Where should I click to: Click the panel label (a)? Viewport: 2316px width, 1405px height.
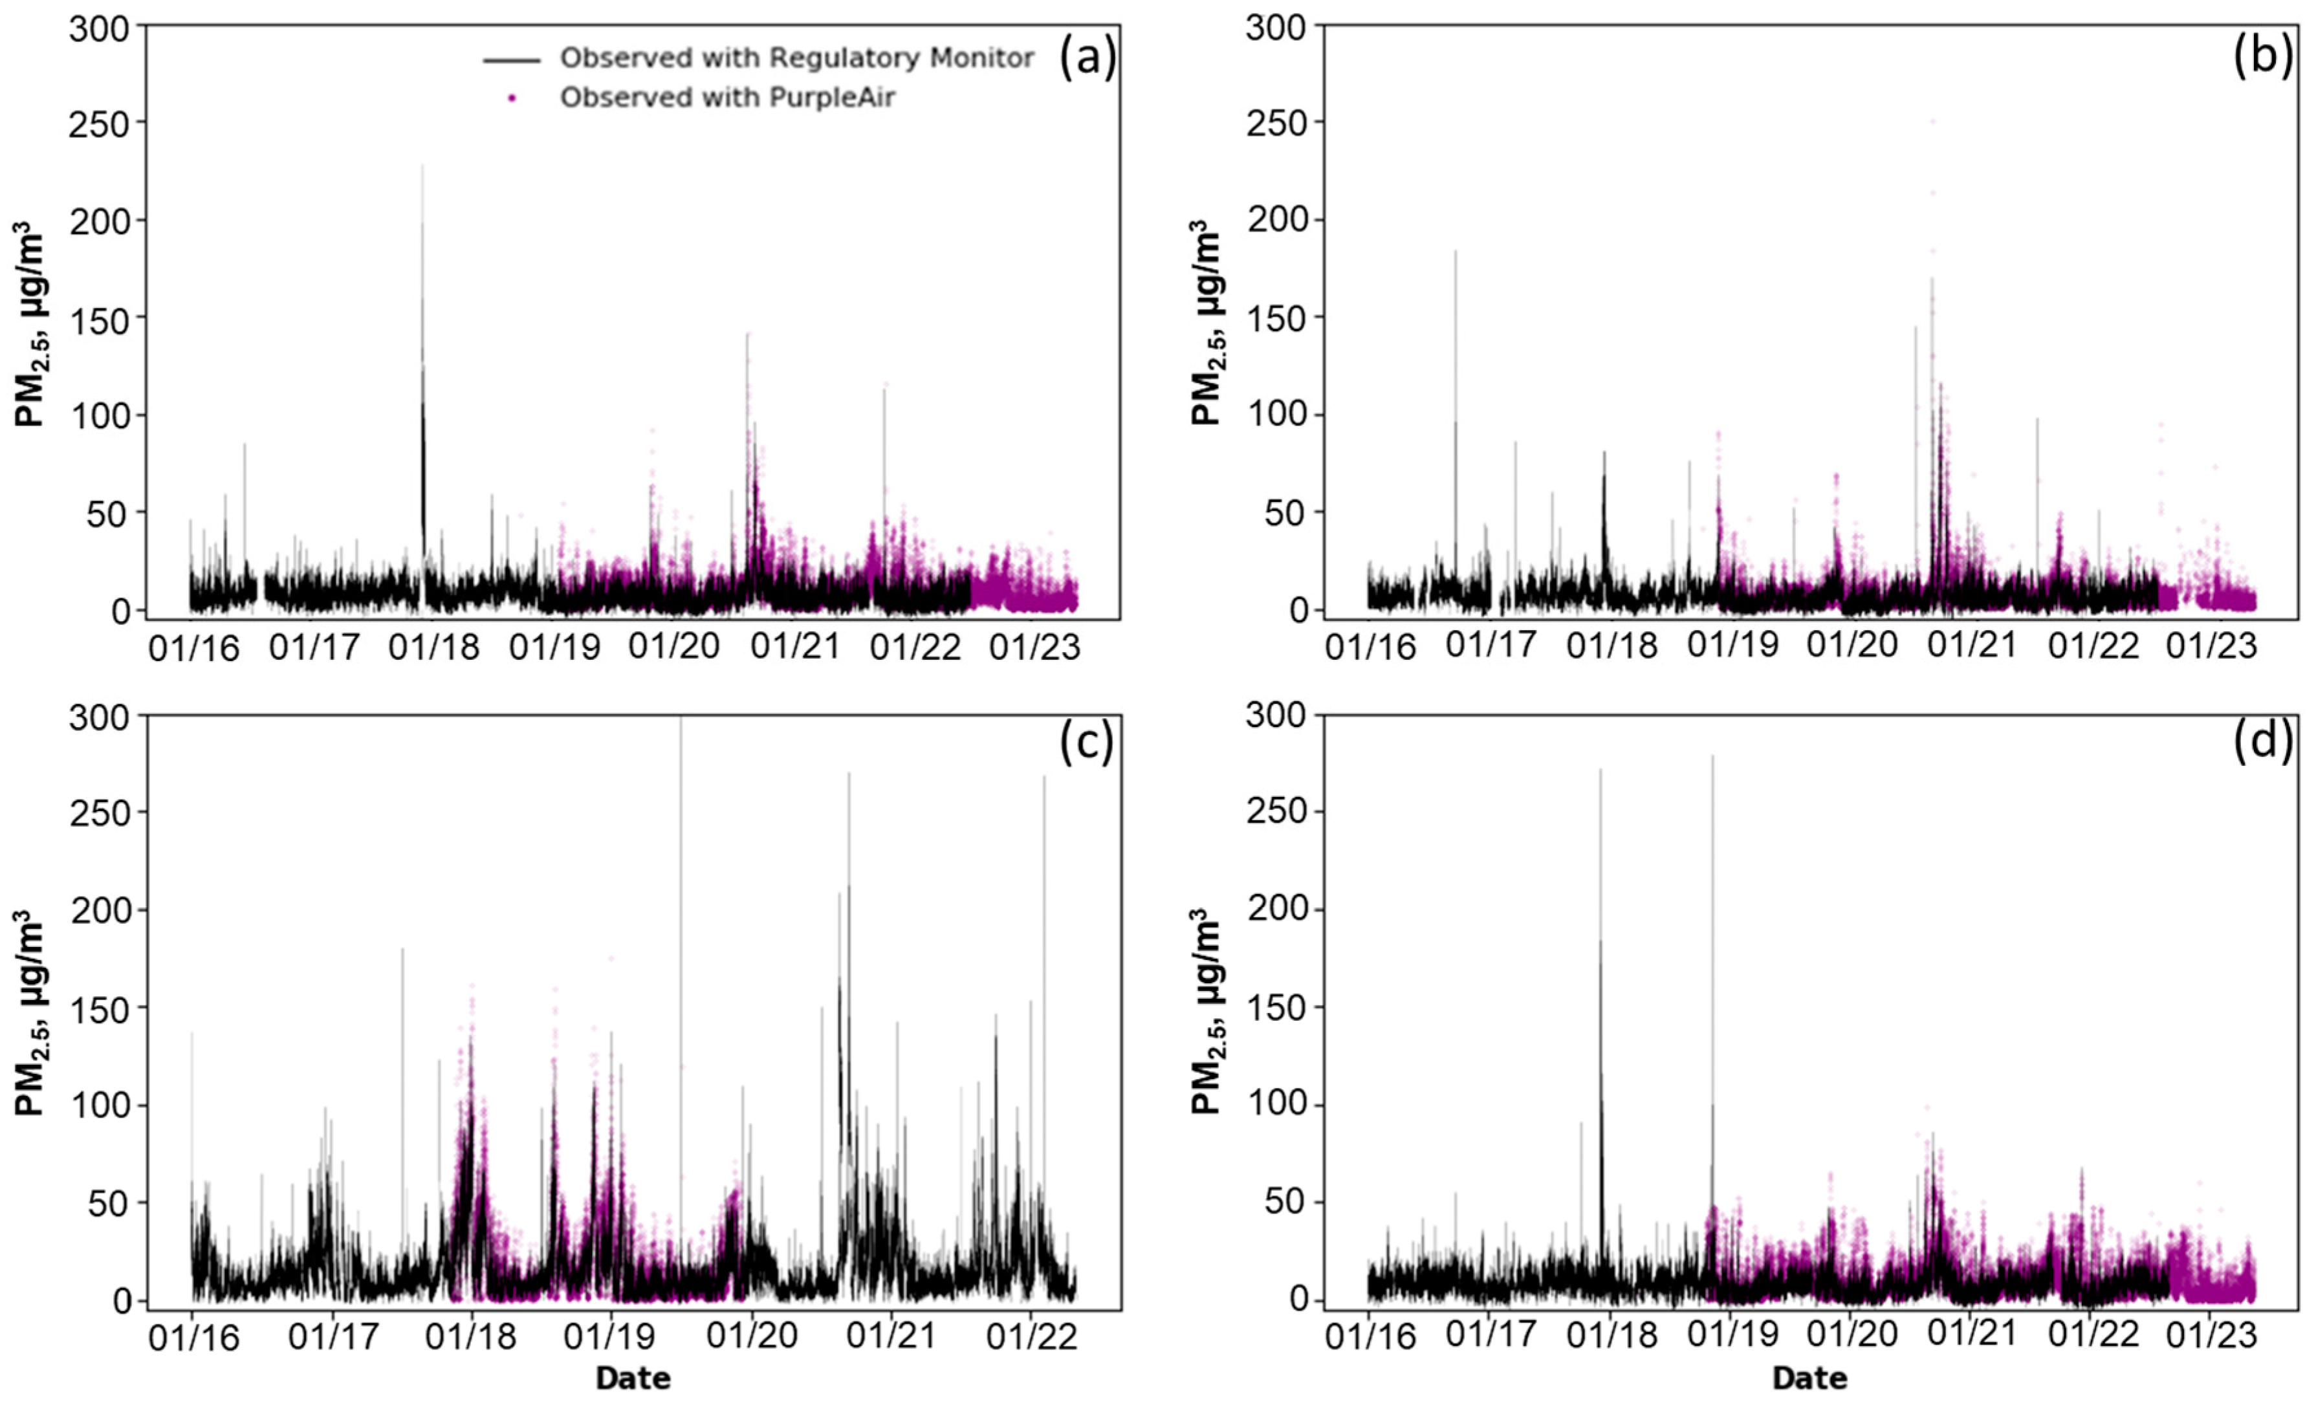tap(1087, 58)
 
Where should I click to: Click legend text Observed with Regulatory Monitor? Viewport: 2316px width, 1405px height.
tap(796, 58)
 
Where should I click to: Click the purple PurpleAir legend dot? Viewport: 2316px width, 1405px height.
tap(511, 98)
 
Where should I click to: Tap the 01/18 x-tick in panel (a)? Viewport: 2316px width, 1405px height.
tap(433, 648)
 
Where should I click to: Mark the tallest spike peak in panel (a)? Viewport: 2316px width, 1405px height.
tap(422, 166)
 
